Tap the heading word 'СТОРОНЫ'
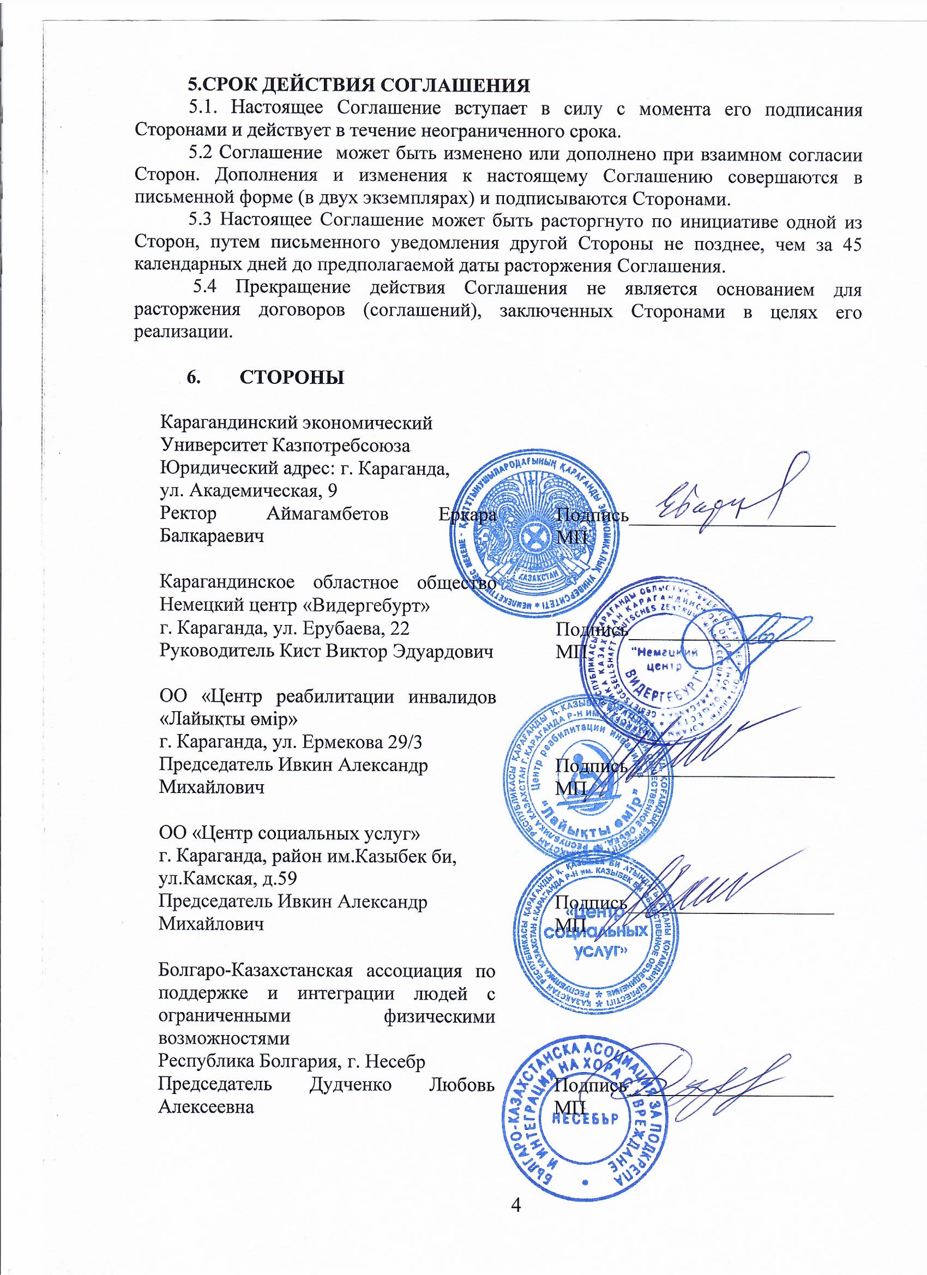click(x=292, y=377)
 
